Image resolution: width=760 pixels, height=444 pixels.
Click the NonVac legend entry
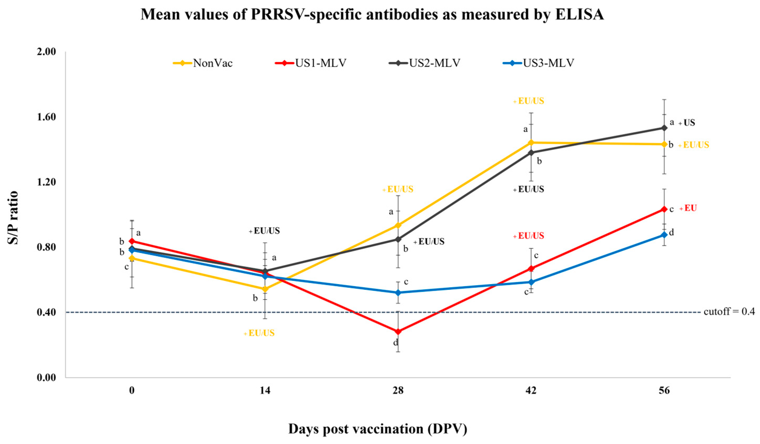203,63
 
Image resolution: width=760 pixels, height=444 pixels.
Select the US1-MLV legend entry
311,63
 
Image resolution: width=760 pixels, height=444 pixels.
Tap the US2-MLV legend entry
425,63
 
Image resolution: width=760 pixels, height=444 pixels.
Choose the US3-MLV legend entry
538,63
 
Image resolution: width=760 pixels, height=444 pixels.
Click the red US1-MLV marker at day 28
398,332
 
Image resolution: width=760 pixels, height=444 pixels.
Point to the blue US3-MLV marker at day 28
398,293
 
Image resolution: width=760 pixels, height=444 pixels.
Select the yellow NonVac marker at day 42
531,143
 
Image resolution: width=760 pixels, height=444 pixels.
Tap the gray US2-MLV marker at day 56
664,128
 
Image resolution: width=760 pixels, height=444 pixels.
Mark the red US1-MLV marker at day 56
664,209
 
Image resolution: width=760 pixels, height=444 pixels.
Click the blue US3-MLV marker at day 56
664,235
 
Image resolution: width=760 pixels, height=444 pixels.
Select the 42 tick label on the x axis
531,391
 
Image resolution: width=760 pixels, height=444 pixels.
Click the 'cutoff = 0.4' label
729,311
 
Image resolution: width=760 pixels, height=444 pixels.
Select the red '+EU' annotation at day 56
688,208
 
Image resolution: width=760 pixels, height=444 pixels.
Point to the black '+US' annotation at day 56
687,123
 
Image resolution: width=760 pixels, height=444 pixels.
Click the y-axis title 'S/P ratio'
13,218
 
